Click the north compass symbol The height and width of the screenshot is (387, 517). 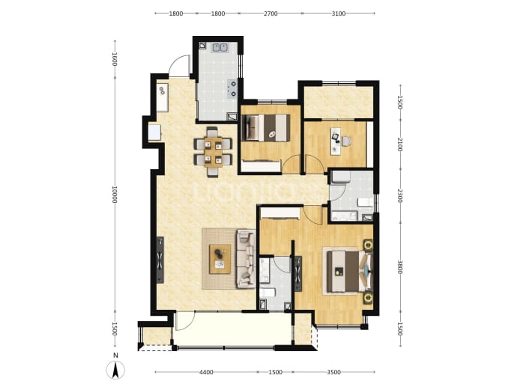pos(115,370)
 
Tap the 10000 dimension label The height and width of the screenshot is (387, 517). pos(115,195)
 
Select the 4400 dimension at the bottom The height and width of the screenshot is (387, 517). pos(206,372)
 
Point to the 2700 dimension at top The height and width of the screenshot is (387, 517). pos(270,13)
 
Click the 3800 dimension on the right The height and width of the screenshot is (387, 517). pos(399,267)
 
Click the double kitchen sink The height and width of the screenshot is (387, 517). pos(220,47)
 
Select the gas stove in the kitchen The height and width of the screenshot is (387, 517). pos(232,89)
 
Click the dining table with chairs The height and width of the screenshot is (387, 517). pos(213,151)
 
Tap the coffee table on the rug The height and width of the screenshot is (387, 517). pos(220,259)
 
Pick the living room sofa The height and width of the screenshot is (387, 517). pos(246,259)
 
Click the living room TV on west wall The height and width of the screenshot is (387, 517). pos(160,260)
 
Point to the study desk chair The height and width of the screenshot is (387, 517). pos(346,141)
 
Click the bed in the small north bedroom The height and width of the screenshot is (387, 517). pos(266,128)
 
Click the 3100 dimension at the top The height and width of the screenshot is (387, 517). pos(338,13)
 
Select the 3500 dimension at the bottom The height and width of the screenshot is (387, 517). pos(333,372)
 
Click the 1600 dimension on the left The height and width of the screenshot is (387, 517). pos(115,59)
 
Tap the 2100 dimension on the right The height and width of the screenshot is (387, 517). pos(399,144)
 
